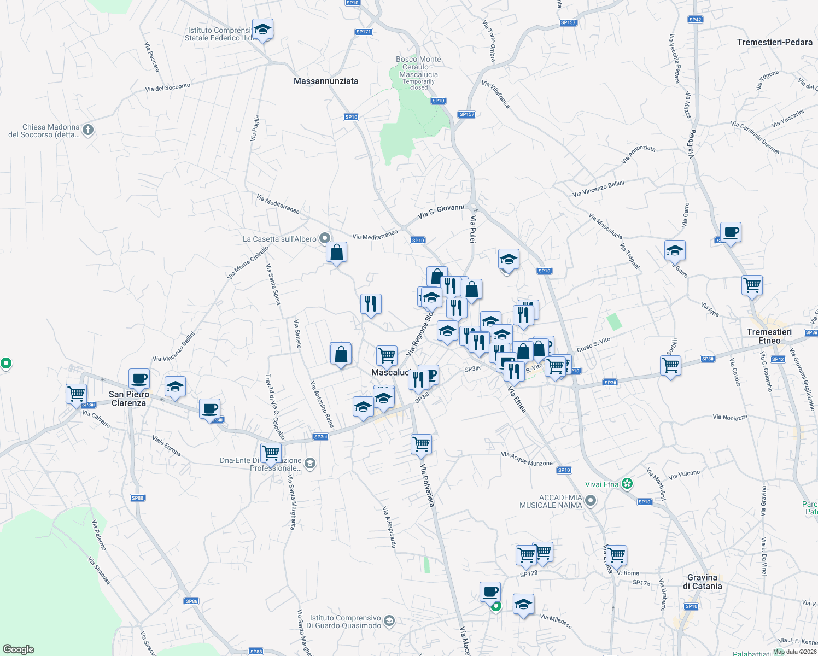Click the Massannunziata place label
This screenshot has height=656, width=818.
coord(326,81)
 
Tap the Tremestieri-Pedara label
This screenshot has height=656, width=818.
coord(774,42)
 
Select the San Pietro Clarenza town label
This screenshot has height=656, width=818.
coord(129,399)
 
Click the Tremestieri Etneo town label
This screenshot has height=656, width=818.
coord(769,336)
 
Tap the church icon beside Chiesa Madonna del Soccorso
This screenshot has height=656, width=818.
coord(89,130)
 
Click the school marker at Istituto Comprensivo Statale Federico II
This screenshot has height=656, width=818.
coord(262,30)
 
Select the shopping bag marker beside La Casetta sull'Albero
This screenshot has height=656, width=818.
coord(336,253)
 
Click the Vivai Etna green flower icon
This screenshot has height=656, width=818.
coord(627,484)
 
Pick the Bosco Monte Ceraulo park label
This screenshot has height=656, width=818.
coord(418,67)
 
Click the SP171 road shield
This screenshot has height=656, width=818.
coord(364,32)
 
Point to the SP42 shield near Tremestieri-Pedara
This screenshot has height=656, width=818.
coord(695,20)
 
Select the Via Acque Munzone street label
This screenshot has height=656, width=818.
coord(527,459)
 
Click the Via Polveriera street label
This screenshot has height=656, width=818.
coord(427,485)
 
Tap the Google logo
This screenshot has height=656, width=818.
coord(19,649)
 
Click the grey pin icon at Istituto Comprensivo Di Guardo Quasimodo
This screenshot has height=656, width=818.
coord(389,620)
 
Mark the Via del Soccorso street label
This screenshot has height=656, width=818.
coord(168,87)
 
